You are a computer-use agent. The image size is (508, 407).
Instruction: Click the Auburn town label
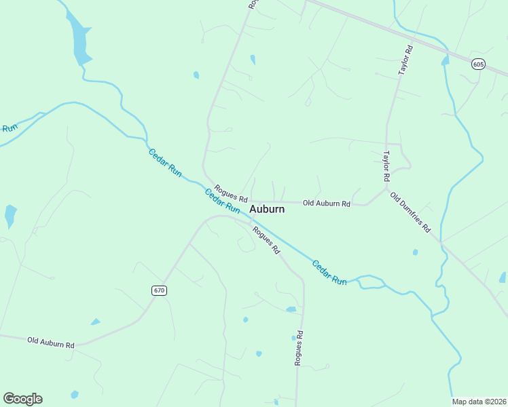[x=267, y=209]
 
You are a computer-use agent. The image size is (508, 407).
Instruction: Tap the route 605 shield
[x=479, y=64]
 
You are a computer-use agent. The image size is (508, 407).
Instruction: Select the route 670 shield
[x=159, y=290]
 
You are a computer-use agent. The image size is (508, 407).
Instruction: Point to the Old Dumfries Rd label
[x=410, y=212]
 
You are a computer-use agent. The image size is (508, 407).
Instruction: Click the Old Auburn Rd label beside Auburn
[x=326, y=203]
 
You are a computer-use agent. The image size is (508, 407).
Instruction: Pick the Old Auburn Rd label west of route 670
[x=51, y=342]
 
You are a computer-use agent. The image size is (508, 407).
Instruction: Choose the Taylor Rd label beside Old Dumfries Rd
[x=386, y=166]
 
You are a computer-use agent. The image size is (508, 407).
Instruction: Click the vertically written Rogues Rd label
[x=298, y=348]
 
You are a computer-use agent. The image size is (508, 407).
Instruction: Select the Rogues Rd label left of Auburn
[x=231, y=193]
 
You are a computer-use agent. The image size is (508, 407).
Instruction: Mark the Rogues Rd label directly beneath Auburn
[x=266, y=239]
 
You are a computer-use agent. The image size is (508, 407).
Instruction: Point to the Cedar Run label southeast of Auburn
[x=329, y=272]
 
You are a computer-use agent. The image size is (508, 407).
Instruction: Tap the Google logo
[x=22, y=398]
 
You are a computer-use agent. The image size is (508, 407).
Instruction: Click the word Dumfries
[x=415, y=217]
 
